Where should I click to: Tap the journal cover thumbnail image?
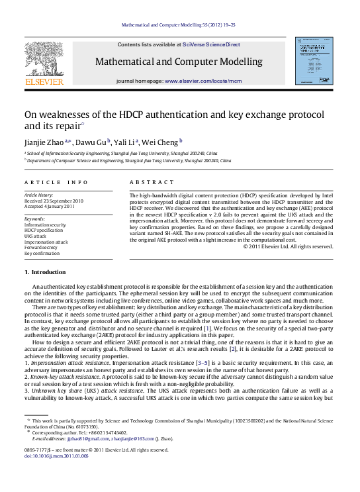point(314,60)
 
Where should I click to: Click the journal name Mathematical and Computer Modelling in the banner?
point(179,62)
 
